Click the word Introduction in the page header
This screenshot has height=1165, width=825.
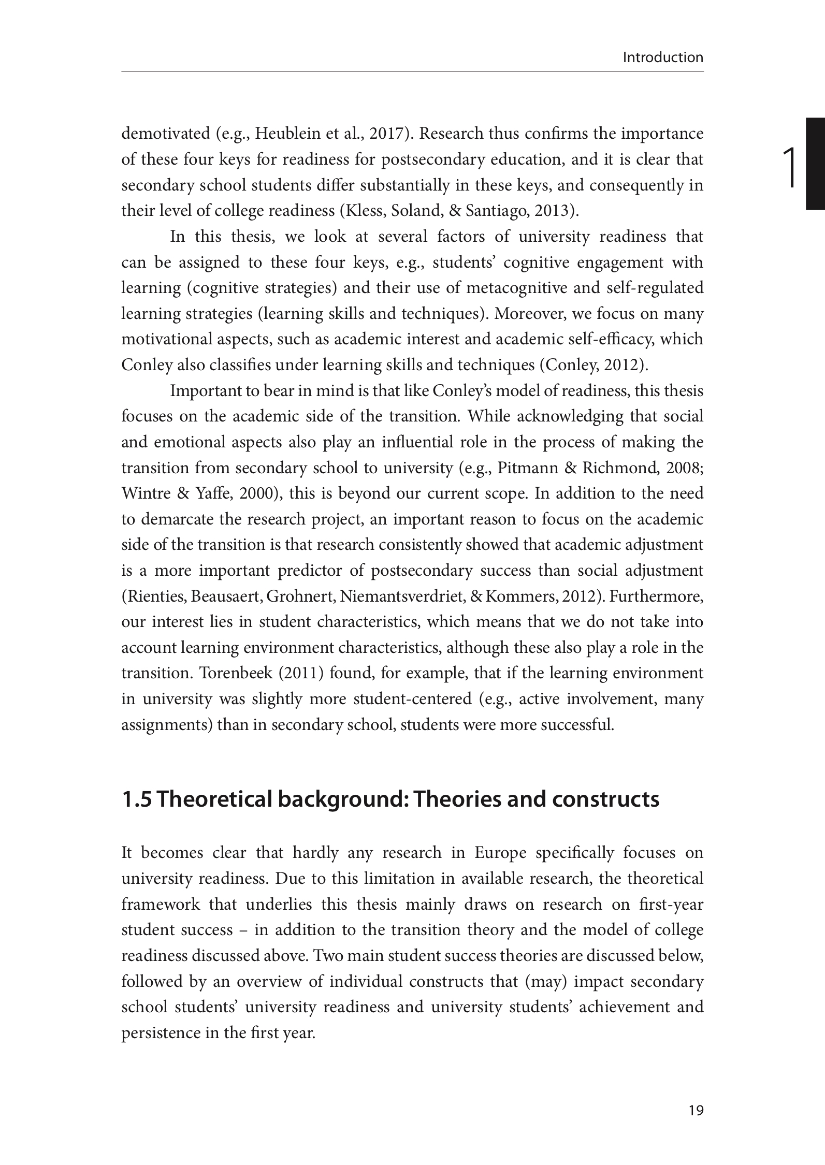(x=663, y=57)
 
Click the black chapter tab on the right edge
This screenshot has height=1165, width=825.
(x=815, y=164)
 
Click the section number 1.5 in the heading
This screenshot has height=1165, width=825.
(x=136, y=799)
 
